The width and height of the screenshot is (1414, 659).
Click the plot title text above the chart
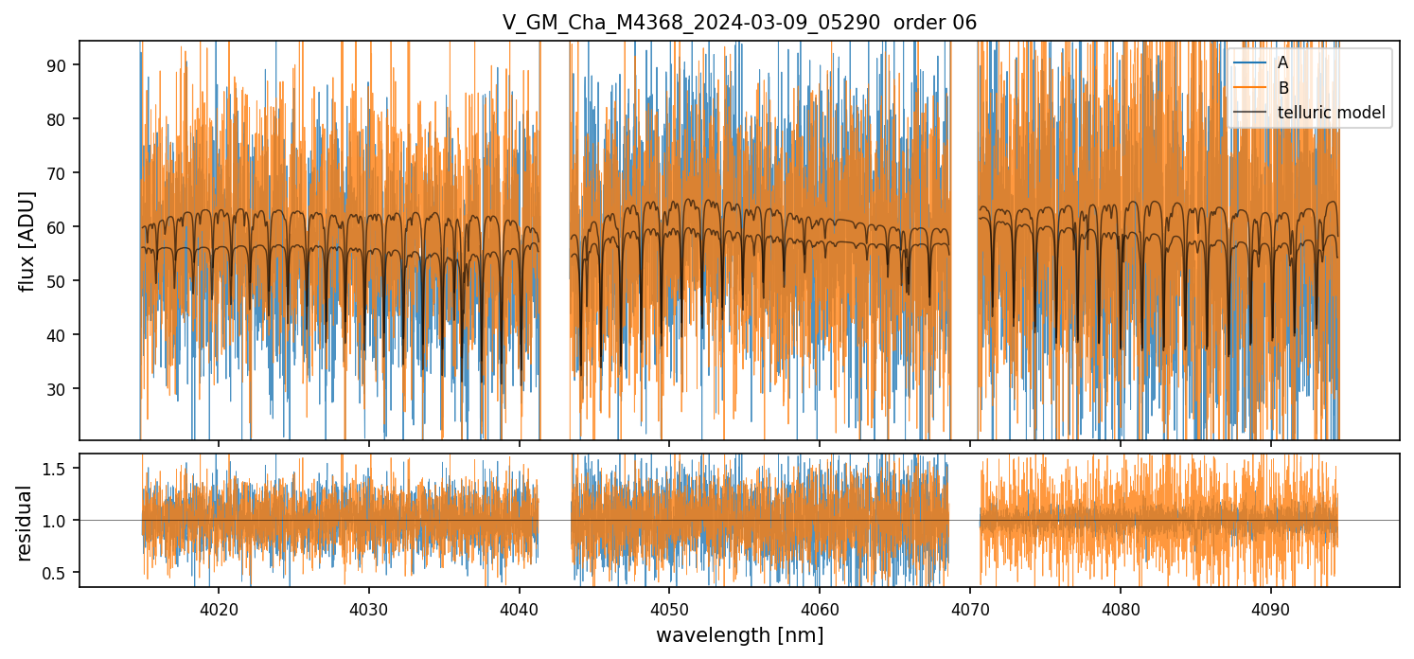click(739, 22)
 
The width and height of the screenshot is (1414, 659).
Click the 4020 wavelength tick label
click(219, 606)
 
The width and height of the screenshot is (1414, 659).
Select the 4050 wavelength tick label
click(669, 606)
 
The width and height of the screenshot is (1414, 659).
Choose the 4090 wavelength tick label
click(1270, 606)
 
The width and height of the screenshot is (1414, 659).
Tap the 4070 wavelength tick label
click(970, 606)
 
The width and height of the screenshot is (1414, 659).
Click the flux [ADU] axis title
click(28, 240)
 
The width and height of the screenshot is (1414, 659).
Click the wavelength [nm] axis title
click(739, 634)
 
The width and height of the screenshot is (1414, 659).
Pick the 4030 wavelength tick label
click(368, 606)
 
